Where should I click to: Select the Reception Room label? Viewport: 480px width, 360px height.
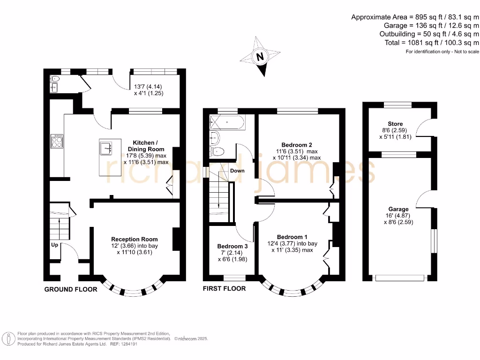134,239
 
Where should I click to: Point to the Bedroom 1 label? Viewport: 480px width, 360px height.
292,237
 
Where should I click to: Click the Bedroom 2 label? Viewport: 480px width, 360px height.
297,144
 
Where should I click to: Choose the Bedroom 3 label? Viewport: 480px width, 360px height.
232,246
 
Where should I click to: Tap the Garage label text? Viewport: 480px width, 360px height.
398,209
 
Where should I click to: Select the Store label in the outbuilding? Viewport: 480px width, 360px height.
395,124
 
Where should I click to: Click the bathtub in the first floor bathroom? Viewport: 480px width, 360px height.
226,123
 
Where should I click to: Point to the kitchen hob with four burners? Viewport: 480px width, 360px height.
57,141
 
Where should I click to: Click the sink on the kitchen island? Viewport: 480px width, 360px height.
105,149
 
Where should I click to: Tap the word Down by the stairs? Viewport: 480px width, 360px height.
237,171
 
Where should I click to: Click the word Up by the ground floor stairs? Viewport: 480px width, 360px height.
54,245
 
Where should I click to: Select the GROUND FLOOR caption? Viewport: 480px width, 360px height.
71,289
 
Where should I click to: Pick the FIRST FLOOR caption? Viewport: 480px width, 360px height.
224,288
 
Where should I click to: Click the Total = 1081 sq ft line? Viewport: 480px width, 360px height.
429,43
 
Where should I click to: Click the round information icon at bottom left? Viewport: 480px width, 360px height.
8,338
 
